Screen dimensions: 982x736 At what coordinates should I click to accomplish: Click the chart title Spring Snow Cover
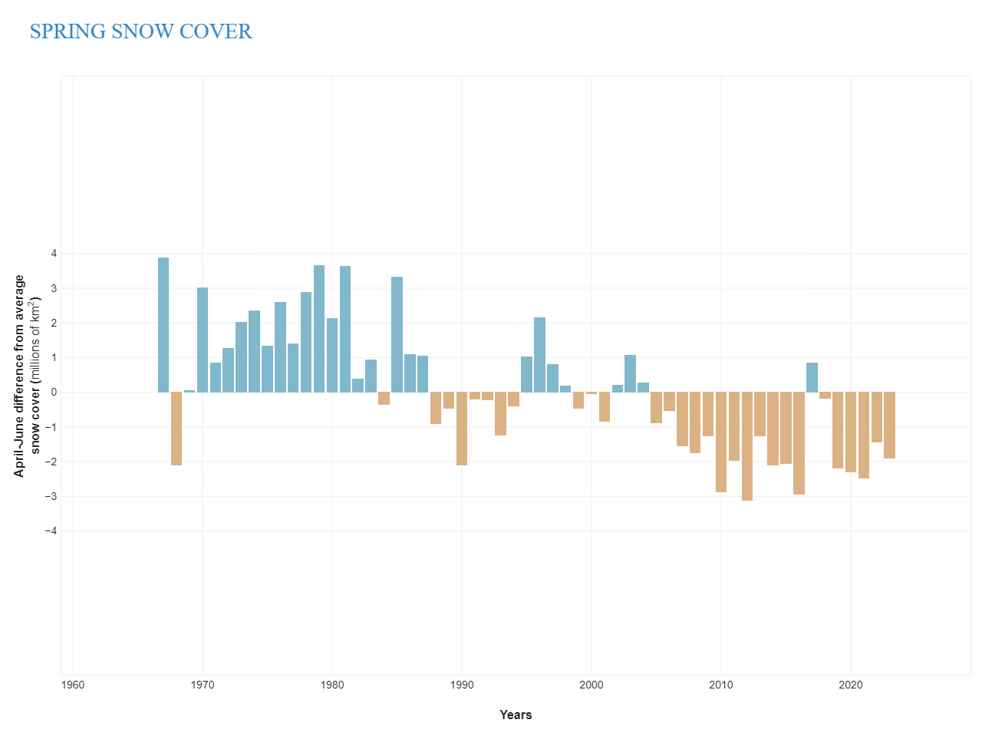pos(141,31)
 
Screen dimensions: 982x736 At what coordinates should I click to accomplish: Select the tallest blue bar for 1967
pos(163,325)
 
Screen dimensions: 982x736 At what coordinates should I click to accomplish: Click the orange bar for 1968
pos(176,429)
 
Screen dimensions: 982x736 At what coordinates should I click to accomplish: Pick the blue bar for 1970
pos(203,340)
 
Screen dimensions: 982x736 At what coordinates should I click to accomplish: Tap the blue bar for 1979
pos(319,329)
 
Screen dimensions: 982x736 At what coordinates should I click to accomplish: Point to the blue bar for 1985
pos(397,335)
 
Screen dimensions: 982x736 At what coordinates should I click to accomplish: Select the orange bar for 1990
pos(462,429)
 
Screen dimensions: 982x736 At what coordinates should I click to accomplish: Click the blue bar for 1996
pos(539,355)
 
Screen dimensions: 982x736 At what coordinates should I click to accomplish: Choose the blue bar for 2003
pos(630,373)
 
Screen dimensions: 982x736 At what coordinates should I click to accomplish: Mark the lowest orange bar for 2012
pos(746,446)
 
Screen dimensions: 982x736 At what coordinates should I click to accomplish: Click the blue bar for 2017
pos(812,377)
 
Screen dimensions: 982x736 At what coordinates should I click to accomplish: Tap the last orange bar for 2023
pos(889,425)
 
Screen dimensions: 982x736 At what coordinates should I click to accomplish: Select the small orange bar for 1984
pos(384,398)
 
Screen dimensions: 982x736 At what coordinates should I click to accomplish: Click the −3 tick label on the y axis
pos(51,496)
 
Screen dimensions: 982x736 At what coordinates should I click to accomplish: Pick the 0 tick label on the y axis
pos(54,392)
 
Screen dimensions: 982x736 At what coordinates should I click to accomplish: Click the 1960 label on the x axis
pos(72,685)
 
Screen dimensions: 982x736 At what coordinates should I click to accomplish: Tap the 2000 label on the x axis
pos(591,685)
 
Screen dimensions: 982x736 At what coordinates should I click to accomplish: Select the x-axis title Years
pos(516,715)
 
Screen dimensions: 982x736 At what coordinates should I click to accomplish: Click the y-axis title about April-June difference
pos(27,376)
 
